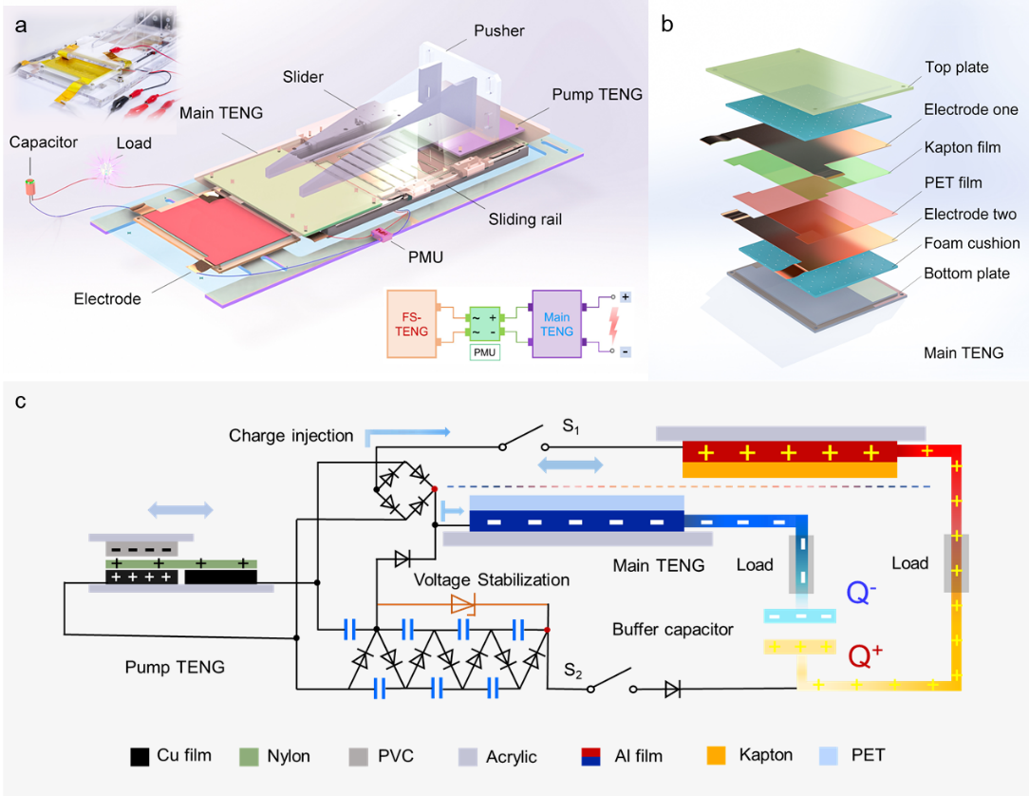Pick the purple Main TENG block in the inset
pos(557,323)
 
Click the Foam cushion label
pos(972,243)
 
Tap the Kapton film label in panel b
pos(963,148)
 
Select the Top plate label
pos(956,67)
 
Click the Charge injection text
pos(290,437)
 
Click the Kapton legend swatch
pos(716,757)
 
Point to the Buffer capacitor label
pos(673,629)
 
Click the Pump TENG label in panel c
pos(175,667)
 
